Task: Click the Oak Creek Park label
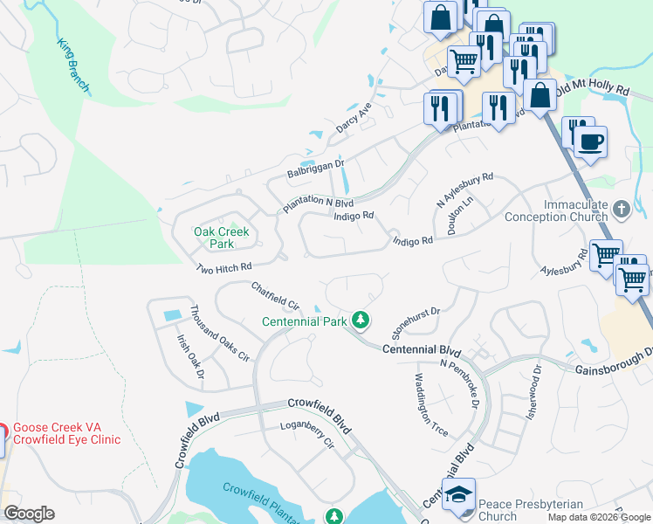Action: tap(222, 238)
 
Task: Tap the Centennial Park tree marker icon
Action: tap(361, 321)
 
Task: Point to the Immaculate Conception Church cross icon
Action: tap(621, 210)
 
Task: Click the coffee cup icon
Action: tap(591, 141)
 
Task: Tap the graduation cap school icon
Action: tap(458, 495)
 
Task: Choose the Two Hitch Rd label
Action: tap(223, 267)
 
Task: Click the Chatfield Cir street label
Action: tap(275, 295)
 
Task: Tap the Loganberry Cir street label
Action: tap(306, 434)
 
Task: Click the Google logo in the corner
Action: tap(29, 513)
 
